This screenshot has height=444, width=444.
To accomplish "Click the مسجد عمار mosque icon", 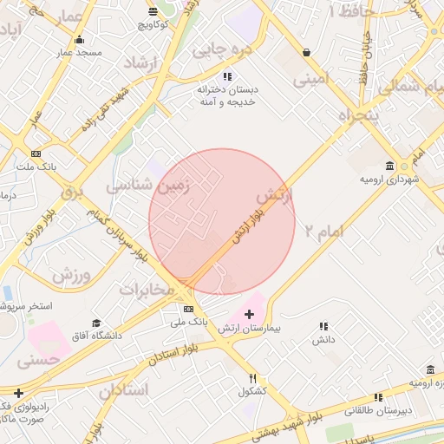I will point(80,39).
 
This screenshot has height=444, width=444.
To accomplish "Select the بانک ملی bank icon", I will point(188,309).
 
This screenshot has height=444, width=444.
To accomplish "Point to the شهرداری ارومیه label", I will point(383,179).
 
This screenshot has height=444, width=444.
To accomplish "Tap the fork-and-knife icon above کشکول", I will point(253,378).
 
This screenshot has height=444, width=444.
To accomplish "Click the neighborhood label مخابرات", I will point(146,289).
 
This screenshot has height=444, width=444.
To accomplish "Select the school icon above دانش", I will point(323,327).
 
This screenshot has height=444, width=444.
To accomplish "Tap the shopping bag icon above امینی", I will point(307,53).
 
